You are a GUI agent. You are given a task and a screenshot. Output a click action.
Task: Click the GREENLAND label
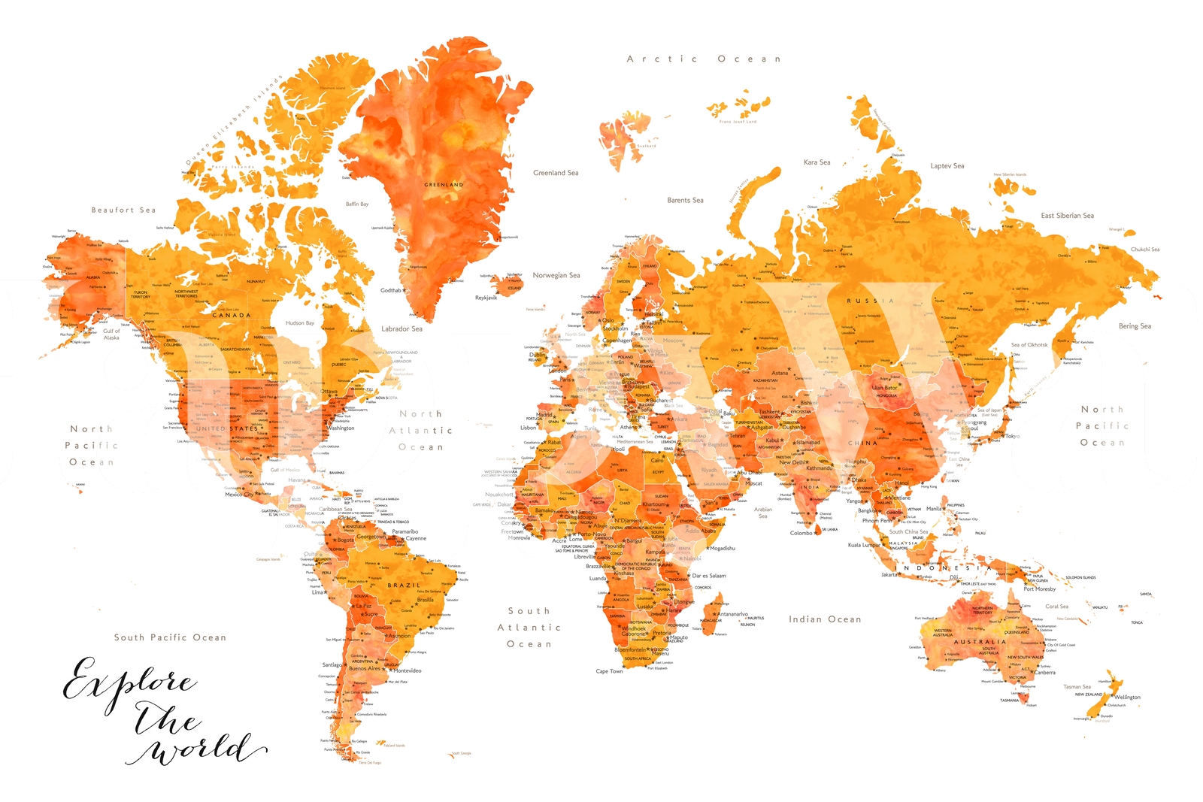tap(444, 184)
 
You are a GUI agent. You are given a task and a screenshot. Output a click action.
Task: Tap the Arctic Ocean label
tap(704, 59)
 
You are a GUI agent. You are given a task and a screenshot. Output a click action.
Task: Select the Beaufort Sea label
tap(123, 210)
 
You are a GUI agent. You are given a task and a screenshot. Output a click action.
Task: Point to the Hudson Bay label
tap(299, 323)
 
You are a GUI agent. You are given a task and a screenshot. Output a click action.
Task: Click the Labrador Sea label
tap(402, 328)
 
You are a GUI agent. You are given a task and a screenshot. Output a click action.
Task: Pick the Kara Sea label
tap(817, 162)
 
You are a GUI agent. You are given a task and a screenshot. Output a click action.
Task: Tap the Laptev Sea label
tap(947, 166)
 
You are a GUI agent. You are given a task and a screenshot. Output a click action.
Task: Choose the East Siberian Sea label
tap(1067, 216)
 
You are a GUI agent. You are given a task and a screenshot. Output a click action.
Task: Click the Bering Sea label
tap(1135, 326)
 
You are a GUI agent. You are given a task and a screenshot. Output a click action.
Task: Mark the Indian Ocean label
tap(825, 619)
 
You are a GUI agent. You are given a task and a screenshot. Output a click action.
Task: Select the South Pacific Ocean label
tap(170, 637)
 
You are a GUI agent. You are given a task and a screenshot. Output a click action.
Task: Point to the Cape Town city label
tap(609, 671)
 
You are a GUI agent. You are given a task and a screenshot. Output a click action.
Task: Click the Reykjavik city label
tap(486, 298)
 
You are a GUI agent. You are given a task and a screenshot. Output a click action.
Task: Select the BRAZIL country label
tap(404, 585)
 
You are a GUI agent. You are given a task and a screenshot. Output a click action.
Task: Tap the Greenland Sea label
tap(556, 173)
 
